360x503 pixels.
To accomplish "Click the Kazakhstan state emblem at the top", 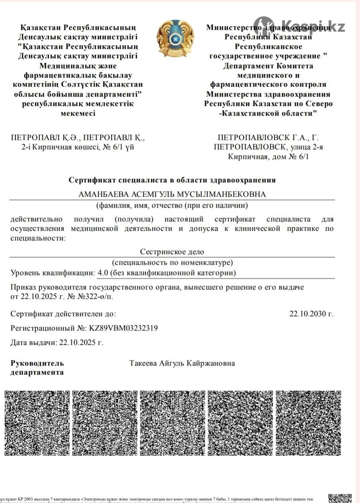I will (x=175, y=38).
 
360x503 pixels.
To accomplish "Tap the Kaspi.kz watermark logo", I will (x=300, y=26).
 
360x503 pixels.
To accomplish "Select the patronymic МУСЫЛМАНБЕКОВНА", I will (x=224, y=194).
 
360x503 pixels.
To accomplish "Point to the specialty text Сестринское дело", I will (x=172, y=251).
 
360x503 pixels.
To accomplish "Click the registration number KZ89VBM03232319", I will (x=123, y=328).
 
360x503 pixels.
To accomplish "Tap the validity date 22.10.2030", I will (x=311, y=314).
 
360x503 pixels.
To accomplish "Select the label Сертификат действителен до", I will (x=63, y=314).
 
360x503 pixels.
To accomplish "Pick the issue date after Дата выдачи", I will (x=81, y=342).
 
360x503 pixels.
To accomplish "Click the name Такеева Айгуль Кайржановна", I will (x=182, y=363).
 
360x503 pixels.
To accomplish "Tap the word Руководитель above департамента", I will (x=37, y=363).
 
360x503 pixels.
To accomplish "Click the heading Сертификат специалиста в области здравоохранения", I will (x=172, y=180).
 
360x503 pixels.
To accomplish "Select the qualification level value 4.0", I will (x=102, y=273).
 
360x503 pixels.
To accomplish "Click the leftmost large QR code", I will (x=37, y=423).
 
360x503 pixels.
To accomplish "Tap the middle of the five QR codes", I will (x=172, y=423).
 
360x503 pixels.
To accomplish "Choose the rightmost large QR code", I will (x=308, y=423).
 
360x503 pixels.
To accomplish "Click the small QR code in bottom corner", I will (x=340, y=498).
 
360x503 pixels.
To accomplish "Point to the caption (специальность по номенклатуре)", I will (x=172, y=262).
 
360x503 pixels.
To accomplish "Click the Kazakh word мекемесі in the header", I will (x=78, y=113).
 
